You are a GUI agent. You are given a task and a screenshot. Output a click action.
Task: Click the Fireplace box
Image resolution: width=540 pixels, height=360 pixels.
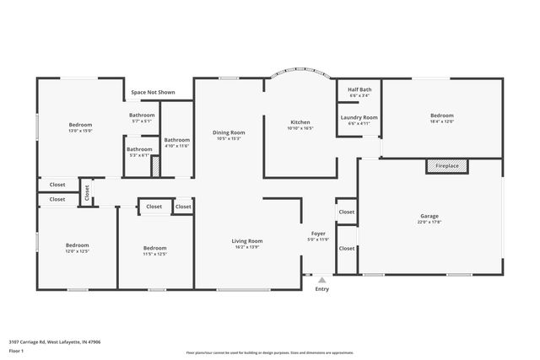[x=446, y=166]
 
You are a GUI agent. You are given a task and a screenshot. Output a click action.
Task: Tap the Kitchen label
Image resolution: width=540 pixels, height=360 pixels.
[x=300, y=122]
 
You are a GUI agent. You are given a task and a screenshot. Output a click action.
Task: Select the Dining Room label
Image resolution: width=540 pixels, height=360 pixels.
[x=228, y=132]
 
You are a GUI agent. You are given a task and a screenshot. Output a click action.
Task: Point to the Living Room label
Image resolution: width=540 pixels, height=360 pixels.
[x=247, y=241]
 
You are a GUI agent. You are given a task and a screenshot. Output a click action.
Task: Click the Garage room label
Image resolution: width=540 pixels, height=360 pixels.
[x=429, y=216]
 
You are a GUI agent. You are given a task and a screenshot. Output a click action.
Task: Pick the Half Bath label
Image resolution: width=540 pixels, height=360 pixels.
[x=359, y=89]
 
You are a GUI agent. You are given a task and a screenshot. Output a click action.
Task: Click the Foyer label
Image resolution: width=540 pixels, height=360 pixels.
[x=318, y=234]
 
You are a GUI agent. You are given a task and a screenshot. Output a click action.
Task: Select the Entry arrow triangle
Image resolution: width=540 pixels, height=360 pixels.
[x=321, y=280]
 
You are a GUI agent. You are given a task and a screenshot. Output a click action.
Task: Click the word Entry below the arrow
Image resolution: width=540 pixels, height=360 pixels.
[x=321, y=289]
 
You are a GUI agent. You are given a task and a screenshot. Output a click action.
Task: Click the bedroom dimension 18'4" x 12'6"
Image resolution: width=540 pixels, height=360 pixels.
[x=442, y=121]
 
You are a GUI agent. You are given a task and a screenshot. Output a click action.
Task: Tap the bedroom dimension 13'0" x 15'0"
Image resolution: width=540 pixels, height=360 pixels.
[x=80, y=131]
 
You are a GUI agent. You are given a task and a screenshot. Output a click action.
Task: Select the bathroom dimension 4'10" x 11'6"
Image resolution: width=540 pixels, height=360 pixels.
[x=176, y=146]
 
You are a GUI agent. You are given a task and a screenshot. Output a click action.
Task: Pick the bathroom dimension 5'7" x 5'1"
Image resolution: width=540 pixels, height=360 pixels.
[x=142, y=121]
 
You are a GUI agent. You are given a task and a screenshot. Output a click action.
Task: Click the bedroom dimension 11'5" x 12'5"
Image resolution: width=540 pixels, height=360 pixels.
[x=154, y=253]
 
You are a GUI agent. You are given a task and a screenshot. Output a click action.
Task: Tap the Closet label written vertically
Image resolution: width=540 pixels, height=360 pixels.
[x=86, y=192]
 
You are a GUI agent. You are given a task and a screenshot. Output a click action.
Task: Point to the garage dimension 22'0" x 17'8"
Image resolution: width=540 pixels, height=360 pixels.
[x=429, y=223]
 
